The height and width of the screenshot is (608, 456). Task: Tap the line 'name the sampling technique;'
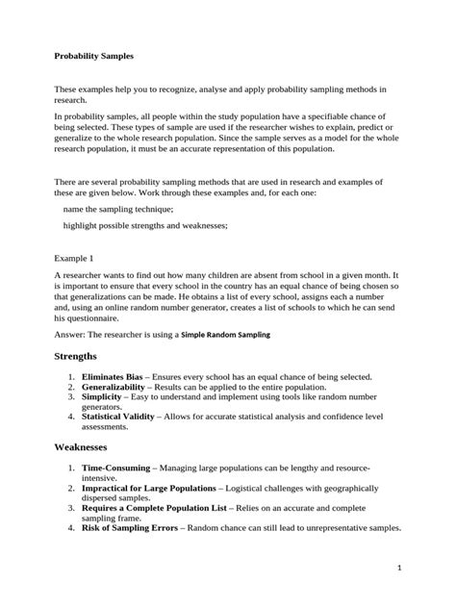click(117, 208)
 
